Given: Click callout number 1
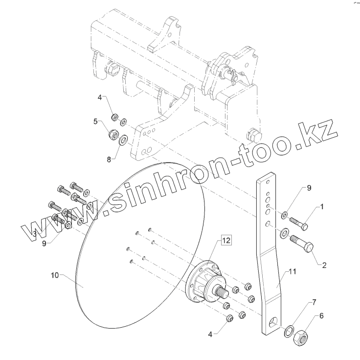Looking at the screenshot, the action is pyautogui.click(x=322, y=207).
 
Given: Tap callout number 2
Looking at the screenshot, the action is pyautogui.click(x=323, y=265).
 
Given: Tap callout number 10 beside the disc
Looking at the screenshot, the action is pyautogui.click(x=55, y=276).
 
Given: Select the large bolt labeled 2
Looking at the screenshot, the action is pyautogui.click(x=302, y=244).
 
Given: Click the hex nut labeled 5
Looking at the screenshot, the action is pyautogui.click(x=112, y=133).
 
